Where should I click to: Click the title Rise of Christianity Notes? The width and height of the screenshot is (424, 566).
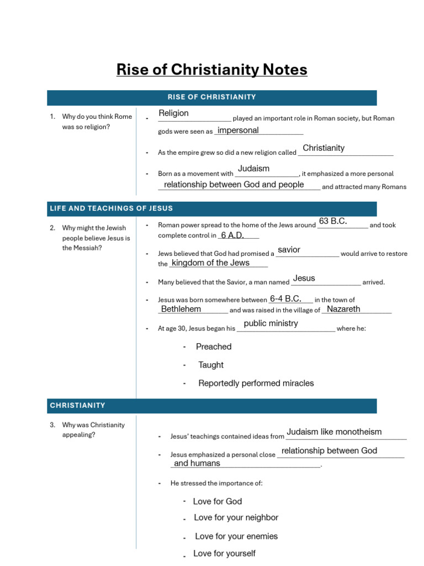[211, 70]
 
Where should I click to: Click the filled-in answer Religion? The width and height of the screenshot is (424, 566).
[173, 113]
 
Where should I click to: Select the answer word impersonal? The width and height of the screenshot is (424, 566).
[238, 130]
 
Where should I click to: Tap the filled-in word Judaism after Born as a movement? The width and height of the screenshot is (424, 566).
[253, 169]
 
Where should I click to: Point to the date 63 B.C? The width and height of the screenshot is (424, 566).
[333, 221]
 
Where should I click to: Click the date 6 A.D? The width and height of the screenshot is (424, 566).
[232, 235]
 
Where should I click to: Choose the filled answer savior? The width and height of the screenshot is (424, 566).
[289, 250]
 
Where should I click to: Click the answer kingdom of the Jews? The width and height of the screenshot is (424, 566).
[210, 263]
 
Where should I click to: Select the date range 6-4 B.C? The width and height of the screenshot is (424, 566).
[285, 298]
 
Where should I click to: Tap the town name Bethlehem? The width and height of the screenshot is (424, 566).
[181, 309]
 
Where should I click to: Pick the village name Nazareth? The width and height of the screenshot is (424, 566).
[343, 309]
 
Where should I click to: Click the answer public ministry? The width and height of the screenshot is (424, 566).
[271, 323]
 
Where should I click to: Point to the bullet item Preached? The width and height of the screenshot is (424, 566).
[214, 347]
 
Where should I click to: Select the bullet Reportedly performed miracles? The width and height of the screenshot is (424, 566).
[256, 383]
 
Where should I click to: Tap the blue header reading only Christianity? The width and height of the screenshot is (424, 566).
[77, 405]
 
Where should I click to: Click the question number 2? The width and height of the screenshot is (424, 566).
[52, 228]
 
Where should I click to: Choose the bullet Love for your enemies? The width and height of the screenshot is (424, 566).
[236, 536]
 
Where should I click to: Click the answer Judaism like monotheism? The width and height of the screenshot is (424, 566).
[334, 432]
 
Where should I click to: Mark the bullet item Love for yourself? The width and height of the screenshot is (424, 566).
[224, 553]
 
